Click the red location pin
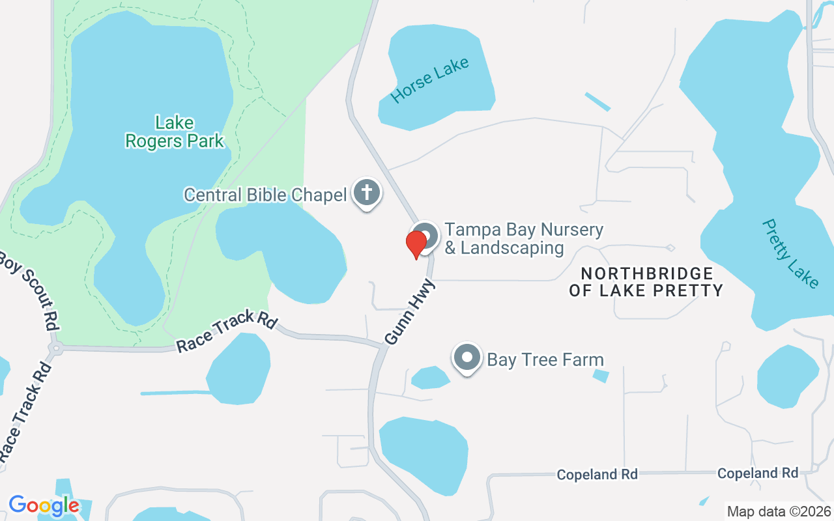pyautogui.click(x=416, y=244)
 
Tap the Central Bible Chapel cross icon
pyautogui.click(x=367, y=193)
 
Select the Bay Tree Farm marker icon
pyautogui.click(x=467, y=358)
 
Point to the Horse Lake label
pyautogui.click(x=430, y=81)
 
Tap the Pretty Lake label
pyautogui.click(x=790, y=253)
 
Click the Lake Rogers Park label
pyautogui.click(x=175, y=131)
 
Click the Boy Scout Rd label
pyautogui.click(x=29, y=289)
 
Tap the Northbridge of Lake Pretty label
pyautogui.click(x=646, y=282)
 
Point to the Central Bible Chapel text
pyautogui.click(x=265, y=195)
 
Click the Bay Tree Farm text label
pyautogui.click(x=545, y=359)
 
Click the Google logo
pyautogui.click(x=44, y=505)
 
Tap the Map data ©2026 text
pyautogui.click(x=779, y=511)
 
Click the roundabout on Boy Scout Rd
pyautogui.click(x=55, y=348)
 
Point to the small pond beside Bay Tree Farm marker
pyautogui.click(x=430, y=377)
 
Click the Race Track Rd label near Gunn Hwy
pyautogui.click(x=227, y=332)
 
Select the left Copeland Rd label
pyautogui.click(x=597, y=475)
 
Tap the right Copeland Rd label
pyautogui.click(x=758, y=473)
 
